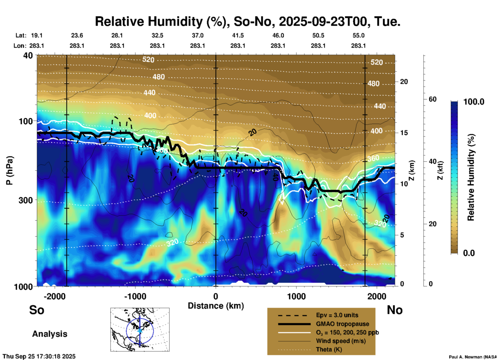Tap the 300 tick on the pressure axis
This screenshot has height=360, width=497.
click(26, 200)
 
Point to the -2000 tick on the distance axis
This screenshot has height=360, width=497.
click(54, 296)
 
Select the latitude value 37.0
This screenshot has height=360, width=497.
click(198, 36)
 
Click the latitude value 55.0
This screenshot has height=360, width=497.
click(358, 36)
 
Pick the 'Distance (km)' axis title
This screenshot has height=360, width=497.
click(216, 306)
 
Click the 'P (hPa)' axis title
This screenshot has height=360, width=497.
click(10, 170)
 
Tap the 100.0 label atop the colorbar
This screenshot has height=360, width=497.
click(474, 102)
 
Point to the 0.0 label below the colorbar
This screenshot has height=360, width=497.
click(469, 253)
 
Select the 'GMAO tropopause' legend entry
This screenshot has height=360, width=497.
click(342, 324)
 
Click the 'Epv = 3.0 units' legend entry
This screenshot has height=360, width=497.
click(337, 315)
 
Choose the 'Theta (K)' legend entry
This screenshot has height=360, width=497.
click(329, 349)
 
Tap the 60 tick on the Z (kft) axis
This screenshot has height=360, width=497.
click(432, 99)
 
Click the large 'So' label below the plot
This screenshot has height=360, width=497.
click(37, 310)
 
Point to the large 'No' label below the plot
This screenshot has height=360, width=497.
click(395, 310)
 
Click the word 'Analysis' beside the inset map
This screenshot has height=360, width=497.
click(50, 334)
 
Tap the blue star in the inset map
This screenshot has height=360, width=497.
click(140, 331)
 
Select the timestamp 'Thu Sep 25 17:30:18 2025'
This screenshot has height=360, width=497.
click(39, 356)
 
